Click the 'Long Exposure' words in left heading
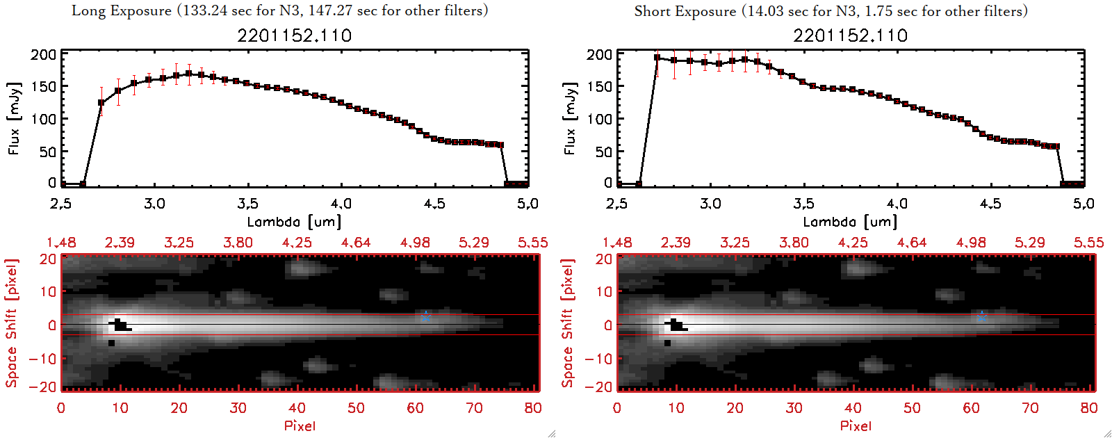tap(122, 10)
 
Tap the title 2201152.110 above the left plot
tap(295, 35)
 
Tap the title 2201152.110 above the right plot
tap(851, 35)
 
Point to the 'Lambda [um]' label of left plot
tap(294, 222)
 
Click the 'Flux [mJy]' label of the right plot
tap(570, 118)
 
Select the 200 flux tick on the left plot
tap(44, 55)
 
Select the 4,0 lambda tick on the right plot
tap(897, 204)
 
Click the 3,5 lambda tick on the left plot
tap(247, 204)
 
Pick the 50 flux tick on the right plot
tap(604, 152)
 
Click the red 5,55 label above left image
tap(532, 243)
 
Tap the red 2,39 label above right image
tap(676, 243)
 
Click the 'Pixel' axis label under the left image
tap(300, 425)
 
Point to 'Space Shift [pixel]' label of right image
tap(568, 323)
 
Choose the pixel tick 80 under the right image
tap(1089, 408)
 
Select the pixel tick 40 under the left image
tap(297, 408)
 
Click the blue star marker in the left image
tap(425, 316)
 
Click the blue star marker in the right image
tap(981, 316)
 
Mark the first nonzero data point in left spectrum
tap(101, 103)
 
